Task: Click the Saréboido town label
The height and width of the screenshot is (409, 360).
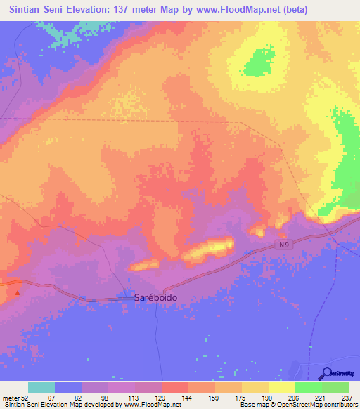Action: (155, 297)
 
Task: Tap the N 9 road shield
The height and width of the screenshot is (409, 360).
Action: (283, 244)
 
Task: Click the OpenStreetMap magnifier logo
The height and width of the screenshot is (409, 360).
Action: (328, 373)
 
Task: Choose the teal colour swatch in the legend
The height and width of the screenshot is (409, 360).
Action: (41, 387)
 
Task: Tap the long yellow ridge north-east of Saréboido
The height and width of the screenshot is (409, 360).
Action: (210, 248)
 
